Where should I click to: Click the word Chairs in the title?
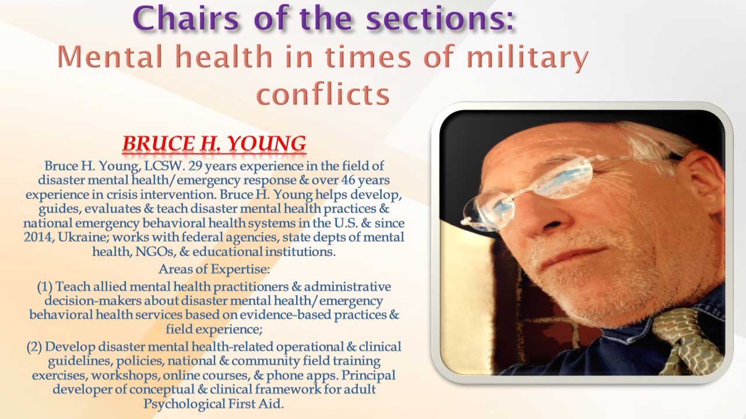(x=186, y=18)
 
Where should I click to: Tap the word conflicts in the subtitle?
(x=323, y=94)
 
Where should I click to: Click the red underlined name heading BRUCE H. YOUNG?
(x=214, y=144)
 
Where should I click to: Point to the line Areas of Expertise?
(x=214, y=269)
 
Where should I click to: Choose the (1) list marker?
(x=45, y=287)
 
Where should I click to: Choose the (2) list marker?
(x=34, y=347)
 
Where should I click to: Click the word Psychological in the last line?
(x=184, y=404)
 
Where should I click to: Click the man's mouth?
(x=573, y=256)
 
